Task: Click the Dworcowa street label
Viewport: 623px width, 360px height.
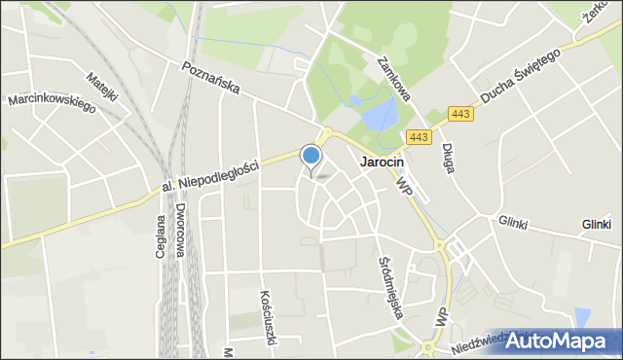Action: (181, 231)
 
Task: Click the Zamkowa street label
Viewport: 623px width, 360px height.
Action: (395, 78)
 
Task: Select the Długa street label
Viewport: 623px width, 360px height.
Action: (449, 158)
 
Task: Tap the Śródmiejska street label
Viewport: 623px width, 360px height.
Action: (389, 282)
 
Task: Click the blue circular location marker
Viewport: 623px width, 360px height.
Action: (311, 155)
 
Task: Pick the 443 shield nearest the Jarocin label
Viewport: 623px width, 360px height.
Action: (419, 138)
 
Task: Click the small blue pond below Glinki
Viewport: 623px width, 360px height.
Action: (582, 317)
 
